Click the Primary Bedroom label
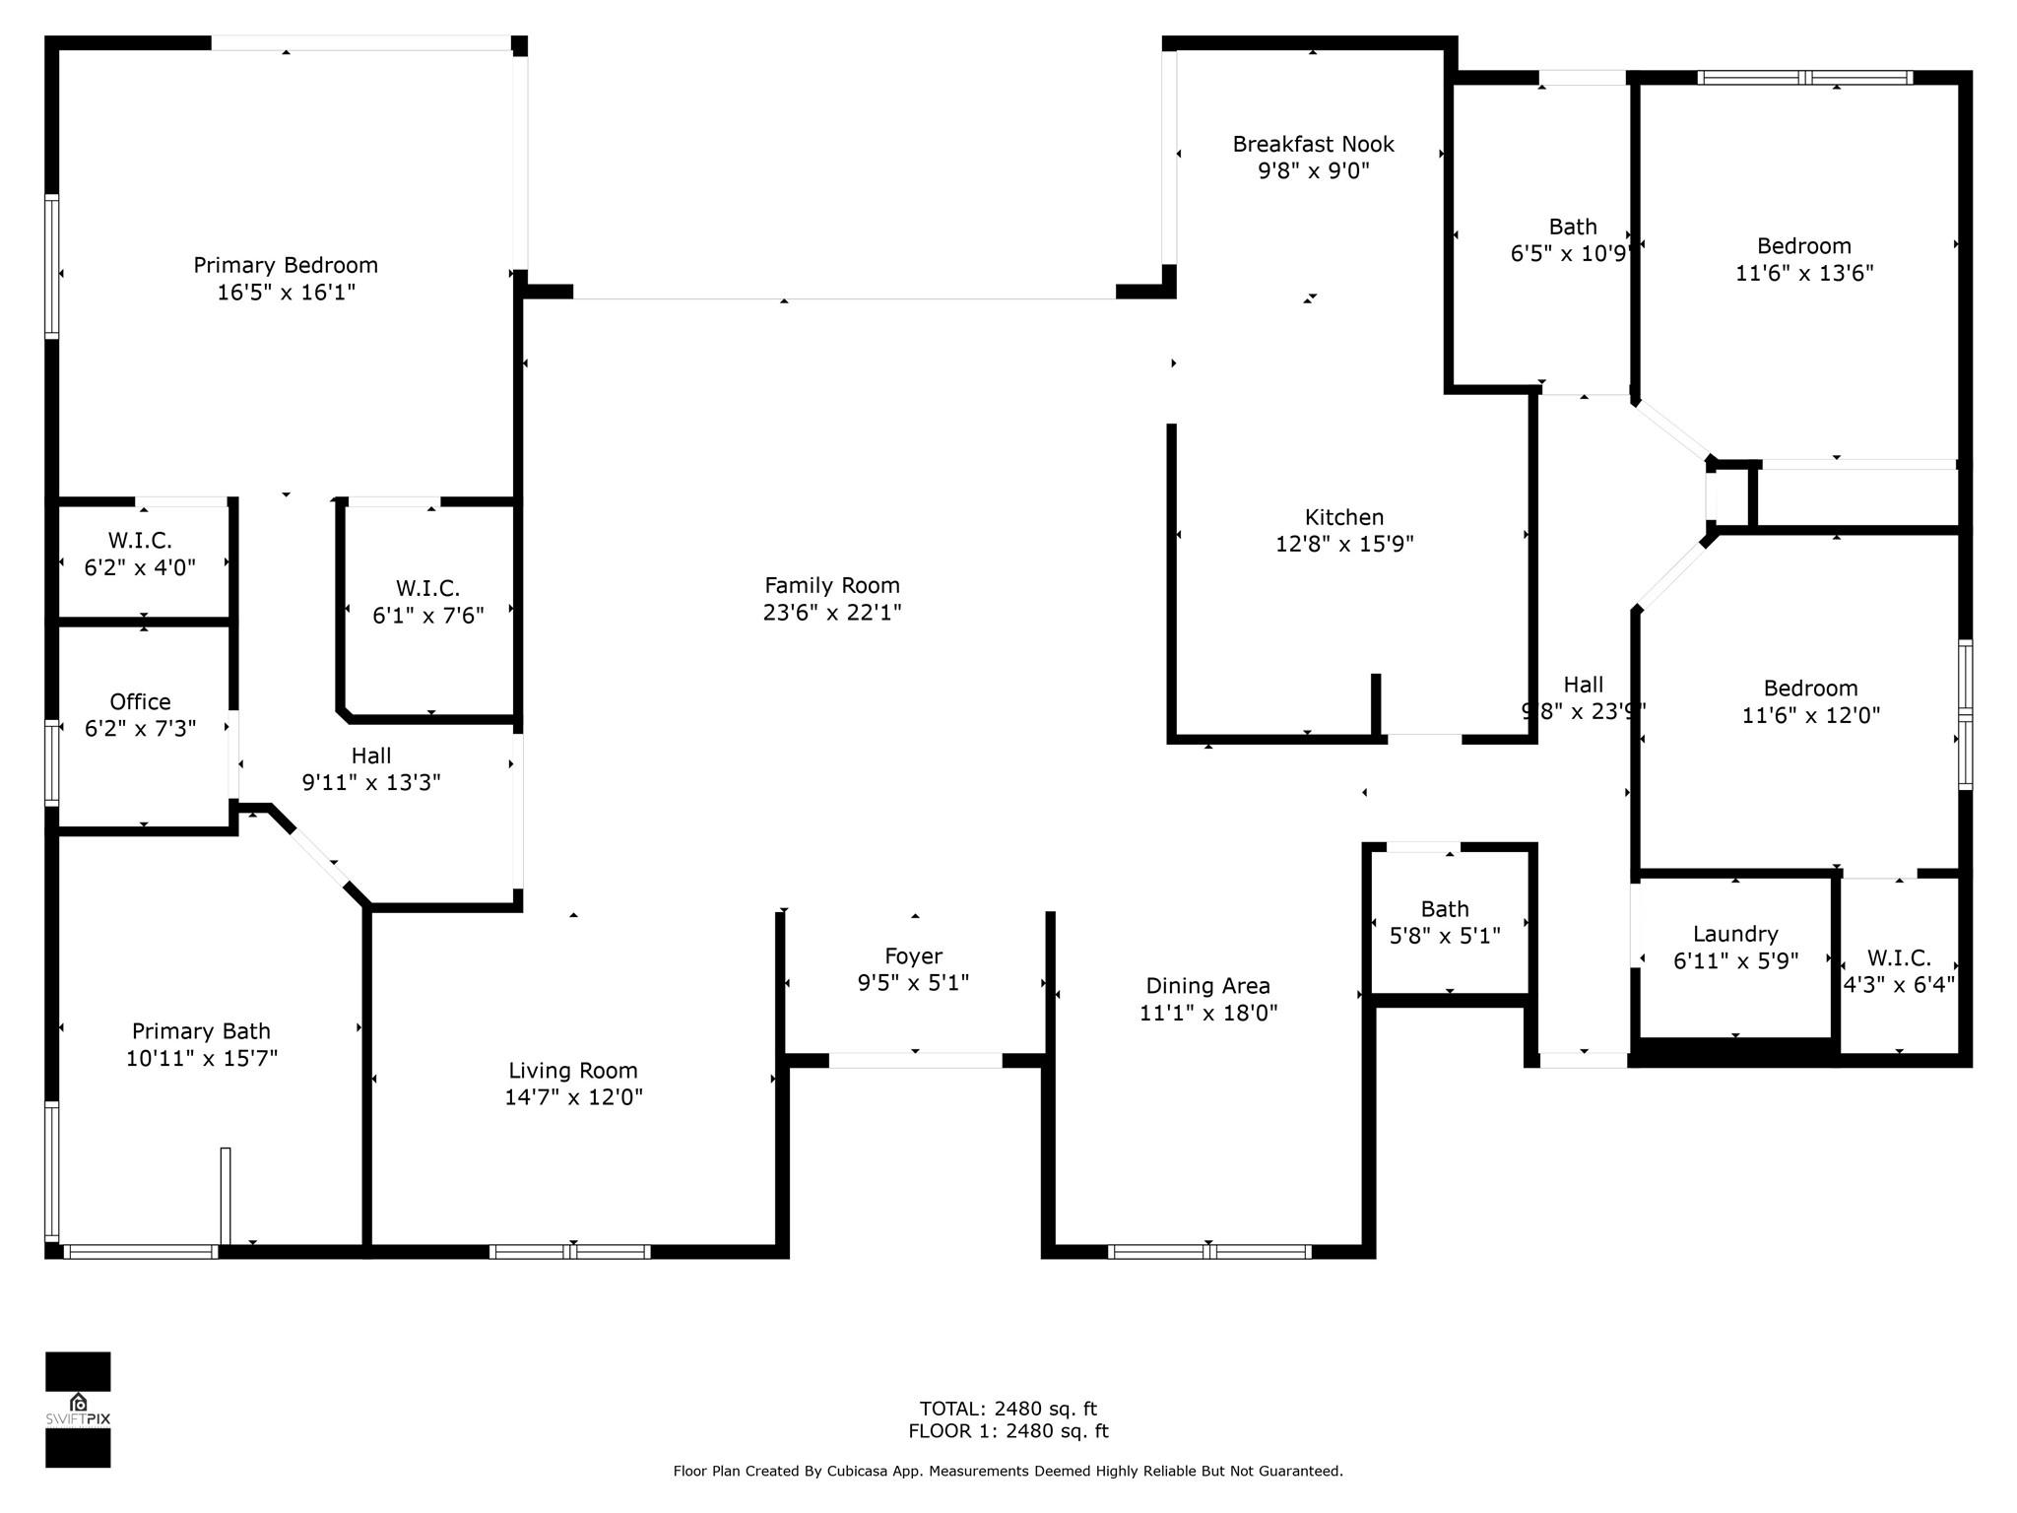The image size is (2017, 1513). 286,265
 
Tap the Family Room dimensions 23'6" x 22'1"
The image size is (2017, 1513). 832,612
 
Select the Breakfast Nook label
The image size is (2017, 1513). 1313,144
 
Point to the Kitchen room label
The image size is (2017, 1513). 1344,517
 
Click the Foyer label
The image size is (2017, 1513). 914,955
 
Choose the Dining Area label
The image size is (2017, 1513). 1207,986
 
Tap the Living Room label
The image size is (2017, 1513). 573,1071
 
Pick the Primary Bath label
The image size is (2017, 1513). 201,1031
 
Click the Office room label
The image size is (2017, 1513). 140,701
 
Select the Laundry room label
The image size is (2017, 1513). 1735,934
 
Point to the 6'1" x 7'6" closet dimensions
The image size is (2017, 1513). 428,616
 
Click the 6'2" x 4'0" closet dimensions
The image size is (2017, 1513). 140,567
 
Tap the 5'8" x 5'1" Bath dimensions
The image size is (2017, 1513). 1445,936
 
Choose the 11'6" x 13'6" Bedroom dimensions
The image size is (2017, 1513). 1804,273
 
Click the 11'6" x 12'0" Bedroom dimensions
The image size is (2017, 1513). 1811,715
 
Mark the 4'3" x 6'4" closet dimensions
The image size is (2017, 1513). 1899,984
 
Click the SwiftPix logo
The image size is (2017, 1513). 78,1410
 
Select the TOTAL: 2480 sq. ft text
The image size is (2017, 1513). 1008,1409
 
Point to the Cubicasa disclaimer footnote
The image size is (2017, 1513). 1008,1472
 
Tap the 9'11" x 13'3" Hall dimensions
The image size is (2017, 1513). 371,782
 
